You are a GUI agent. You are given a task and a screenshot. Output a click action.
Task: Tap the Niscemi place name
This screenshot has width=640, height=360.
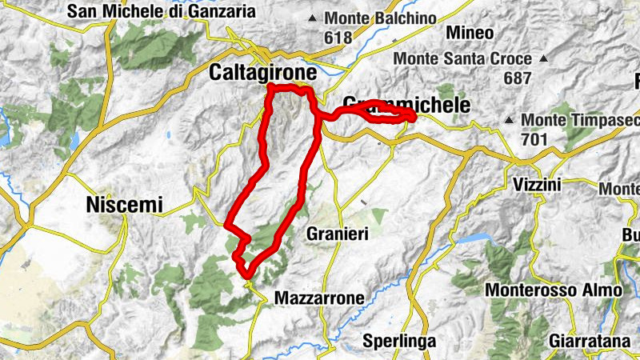click(123, 206)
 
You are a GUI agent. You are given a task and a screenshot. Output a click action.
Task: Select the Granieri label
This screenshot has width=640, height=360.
click(337, 234)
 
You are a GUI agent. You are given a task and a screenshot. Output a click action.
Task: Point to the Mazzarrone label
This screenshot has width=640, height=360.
click(319, 298)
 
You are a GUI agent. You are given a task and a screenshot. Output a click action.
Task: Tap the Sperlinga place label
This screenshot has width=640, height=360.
click(399, 341)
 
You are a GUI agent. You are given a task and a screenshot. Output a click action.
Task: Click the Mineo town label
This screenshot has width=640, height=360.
click(470, 33)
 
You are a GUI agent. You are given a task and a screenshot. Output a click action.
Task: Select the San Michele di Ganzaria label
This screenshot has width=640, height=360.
click(162, 11)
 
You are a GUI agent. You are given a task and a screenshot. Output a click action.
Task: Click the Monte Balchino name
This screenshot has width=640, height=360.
click(380, 18)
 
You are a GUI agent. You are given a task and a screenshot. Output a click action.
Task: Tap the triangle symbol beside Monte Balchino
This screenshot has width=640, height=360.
click(312, 18)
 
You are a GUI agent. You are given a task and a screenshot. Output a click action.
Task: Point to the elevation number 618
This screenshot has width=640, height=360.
click(338, 37)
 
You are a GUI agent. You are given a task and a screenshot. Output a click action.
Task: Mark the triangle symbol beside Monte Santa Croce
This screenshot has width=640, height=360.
click(543, 59)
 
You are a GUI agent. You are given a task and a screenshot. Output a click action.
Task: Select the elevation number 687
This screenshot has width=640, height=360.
click(518, 78)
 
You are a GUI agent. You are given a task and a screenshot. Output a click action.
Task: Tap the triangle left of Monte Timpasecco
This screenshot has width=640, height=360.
click(510, 120)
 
